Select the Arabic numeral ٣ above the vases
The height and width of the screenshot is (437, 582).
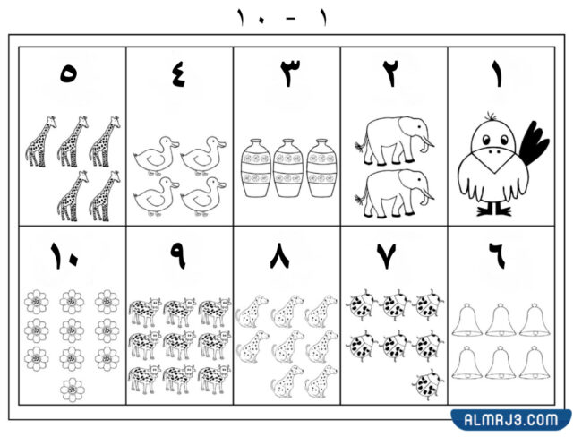coord(290,73)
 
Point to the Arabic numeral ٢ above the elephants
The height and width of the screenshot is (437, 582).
coord(391,73)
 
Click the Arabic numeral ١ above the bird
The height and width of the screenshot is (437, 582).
coord(497,74)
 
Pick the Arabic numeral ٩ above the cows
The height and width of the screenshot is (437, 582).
coord(178,256)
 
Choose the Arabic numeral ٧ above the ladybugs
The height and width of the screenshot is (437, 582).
coord(387,256)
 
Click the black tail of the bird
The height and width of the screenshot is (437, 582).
coord(533,144)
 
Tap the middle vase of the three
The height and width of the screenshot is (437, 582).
coord(288,167)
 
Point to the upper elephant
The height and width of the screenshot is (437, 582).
coord(394,141)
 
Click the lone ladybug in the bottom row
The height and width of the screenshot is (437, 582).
coord(427,384)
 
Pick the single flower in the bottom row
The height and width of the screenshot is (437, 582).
coord(73,390)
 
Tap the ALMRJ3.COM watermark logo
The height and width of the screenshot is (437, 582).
coord(511,420)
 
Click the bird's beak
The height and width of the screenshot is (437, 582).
coord(492,159)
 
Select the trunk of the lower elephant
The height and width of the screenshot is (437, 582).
coord(427,193)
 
